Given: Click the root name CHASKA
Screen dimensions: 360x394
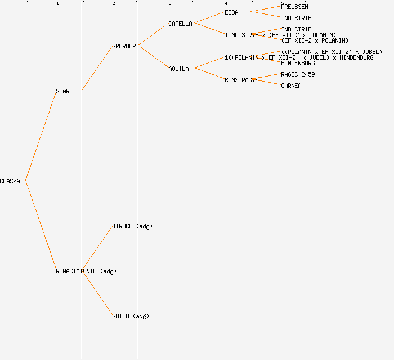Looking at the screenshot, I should coord(10,181).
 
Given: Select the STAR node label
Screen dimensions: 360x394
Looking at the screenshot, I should coord(62,91).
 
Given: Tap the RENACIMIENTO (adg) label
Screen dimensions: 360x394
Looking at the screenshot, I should coord(86,271).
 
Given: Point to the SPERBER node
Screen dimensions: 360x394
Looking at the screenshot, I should coord(124,46).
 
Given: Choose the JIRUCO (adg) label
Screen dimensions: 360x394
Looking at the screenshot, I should coord(132,226).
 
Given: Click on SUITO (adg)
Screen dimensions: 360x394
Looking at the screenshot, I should coord(131,316).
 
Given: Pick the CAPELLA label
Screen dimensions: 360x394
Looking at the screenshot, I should coord(180,24).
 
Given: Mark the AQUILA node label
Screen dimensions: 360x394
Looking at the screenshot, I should coord(178,69).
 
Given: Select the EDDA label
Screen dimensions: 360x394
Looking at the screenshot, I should coord(231,12).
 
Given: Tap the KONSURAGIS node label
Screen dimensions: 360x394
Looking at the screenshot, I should coord(241,80).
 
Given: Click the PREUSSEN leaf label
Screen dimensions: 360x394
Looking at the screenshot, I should coord(294,7).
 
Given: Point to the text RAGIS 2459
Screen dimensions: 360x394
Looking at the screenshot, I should coord(298,74).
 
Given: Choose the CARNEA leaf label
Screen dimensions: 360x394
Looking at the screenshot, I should coord(291,85).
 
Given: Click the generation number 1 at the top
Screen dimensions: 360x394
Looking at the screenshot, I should coord(57,4).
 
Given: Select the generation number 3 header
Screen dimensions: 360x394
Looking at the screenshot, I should coord(170,4).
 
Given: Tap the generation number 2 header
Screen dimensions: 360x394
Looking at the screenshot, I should coord(114,4).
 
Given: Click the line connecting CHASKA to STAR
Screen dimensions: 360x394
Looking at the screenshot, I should coord(41,136).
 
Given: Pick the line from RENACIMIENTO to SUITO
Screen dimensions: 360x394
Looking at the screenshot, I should coord(97,293).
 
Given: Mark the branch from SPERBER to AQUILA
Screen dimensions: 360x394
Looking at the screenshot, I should coord(153,57).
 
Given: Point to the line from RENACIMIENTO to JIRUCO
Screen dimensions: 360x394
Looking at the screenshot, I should coord(97,248).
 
